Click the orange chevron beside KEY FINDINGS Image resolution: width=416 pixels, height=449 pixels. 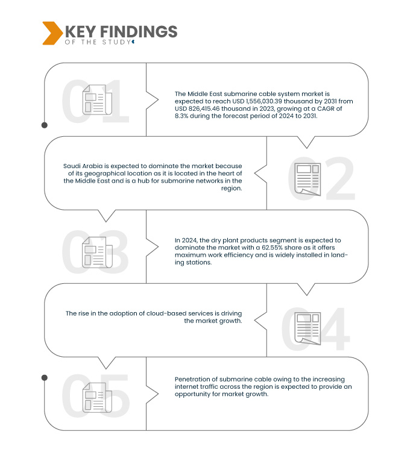click(52, 33)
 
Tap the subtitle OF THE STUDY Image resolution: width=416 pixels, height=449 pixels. click(98, 42)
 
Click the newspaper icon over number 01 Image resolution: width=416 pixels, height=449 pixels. click(97, 99)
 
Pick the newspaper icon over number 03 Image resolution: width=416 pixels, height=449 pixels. click(97, 253)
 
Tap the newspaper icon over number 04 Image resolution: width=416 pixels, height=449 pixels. click(307, 328)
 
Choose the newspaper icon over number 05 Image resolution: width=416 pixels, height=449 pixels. click(97, 397)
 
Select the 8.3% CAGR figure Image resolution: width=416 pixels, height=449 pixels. click(181, 116)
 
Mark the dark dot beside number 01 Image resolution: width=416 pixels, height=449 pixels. click(45, 125)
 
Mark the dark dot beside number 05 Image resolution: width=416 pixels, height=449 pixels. click(45, 378)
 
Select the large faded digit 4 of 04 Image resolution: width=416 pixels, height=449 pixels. click(333, 328)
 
